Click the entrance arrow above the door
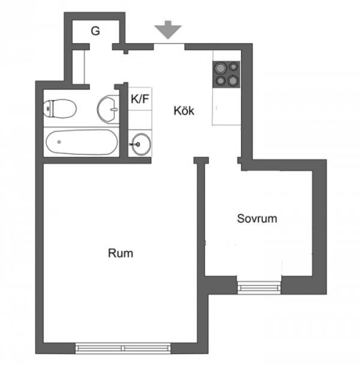[x=168, y=30]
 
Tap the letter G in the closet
[x=95, y=31]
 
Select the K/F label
[x=140, y=99]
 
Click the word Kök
[x=184, y=110]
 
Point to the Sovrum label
[x=257, y=219]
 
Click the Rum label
[x=121, y=253]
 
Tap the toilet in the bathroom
[x=60, y=108]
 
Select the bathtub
[x=82, y=142]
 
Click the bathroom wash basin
[x=108, y=109]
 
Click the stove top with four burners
[x=226, y=74]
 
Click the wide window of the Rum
[x=123, y=348]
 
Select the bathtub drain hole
[x=59, y=142]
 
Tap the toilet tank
[x=48, y=108]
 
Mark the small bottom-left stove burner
[x=220, y=81]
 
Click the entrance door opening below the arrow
[x=169, y=47]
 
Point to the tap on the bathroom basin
[x=114, y=109]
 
